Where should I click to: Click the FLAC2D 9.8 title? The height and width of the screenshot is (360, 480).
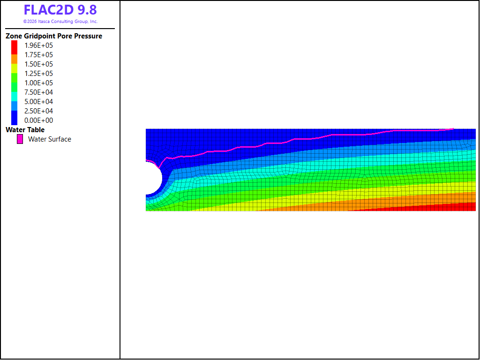point(60,10)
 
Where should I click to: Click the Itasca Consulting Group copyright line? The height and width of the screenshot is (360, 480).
point(60,22)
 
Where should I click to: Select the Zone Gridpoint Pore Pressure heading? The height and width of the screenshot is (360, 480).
point(54,36)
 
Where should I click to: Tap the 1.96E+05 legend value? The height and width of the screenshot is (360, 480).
point(38,45)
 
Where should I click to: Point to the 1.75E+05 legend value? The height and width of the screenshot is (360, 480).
point(38,55)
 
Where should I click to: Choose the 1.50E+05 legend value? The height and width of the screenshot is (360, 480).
point(38,64)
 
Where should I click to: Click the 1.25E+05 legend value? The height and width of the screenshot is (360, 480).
point(38,74)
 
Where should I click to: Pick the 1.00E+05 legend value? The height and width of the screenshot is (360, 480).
point(38,83)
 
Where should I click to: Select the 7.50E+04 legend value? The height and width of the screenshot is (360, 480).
point(38,92)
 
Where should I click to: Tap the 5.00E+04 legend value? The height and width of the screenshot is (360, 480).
point(38,102)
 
